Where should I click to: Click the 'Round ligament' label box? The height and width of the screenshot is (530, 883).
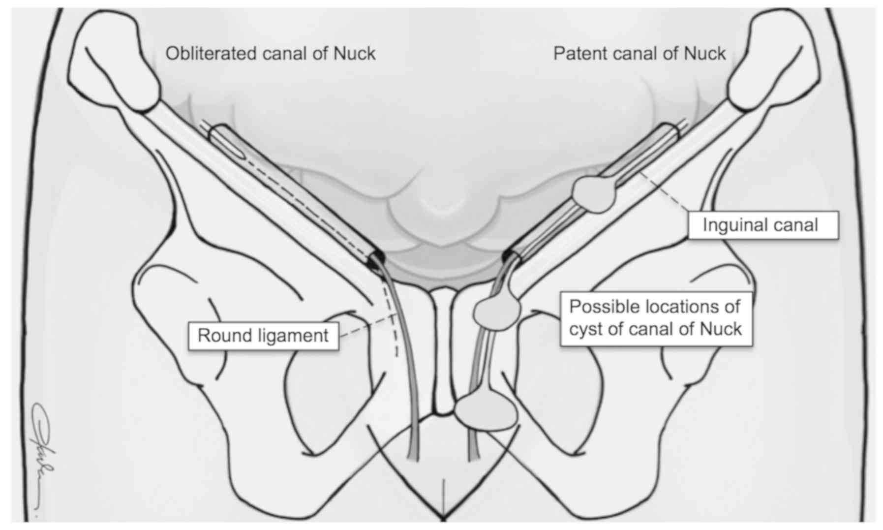click(x=263, y=336)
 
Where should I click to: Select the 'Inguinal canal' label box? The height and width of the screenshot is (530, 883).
click(x=762, y=225)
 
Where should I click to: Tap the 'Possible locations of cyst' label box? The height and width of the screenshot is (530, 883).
click(x=656, y=318)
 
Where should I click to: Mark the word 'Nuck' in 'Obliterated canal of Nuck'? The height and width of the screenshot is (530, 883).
click(x=354, y=53)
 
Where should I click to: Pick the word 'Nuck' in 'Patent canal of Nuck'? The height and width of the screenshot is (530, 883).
click(x=704, y=53)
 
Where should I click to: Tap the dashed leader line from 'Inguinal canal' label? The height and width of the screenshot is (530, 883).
click(x=664, y=192)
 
